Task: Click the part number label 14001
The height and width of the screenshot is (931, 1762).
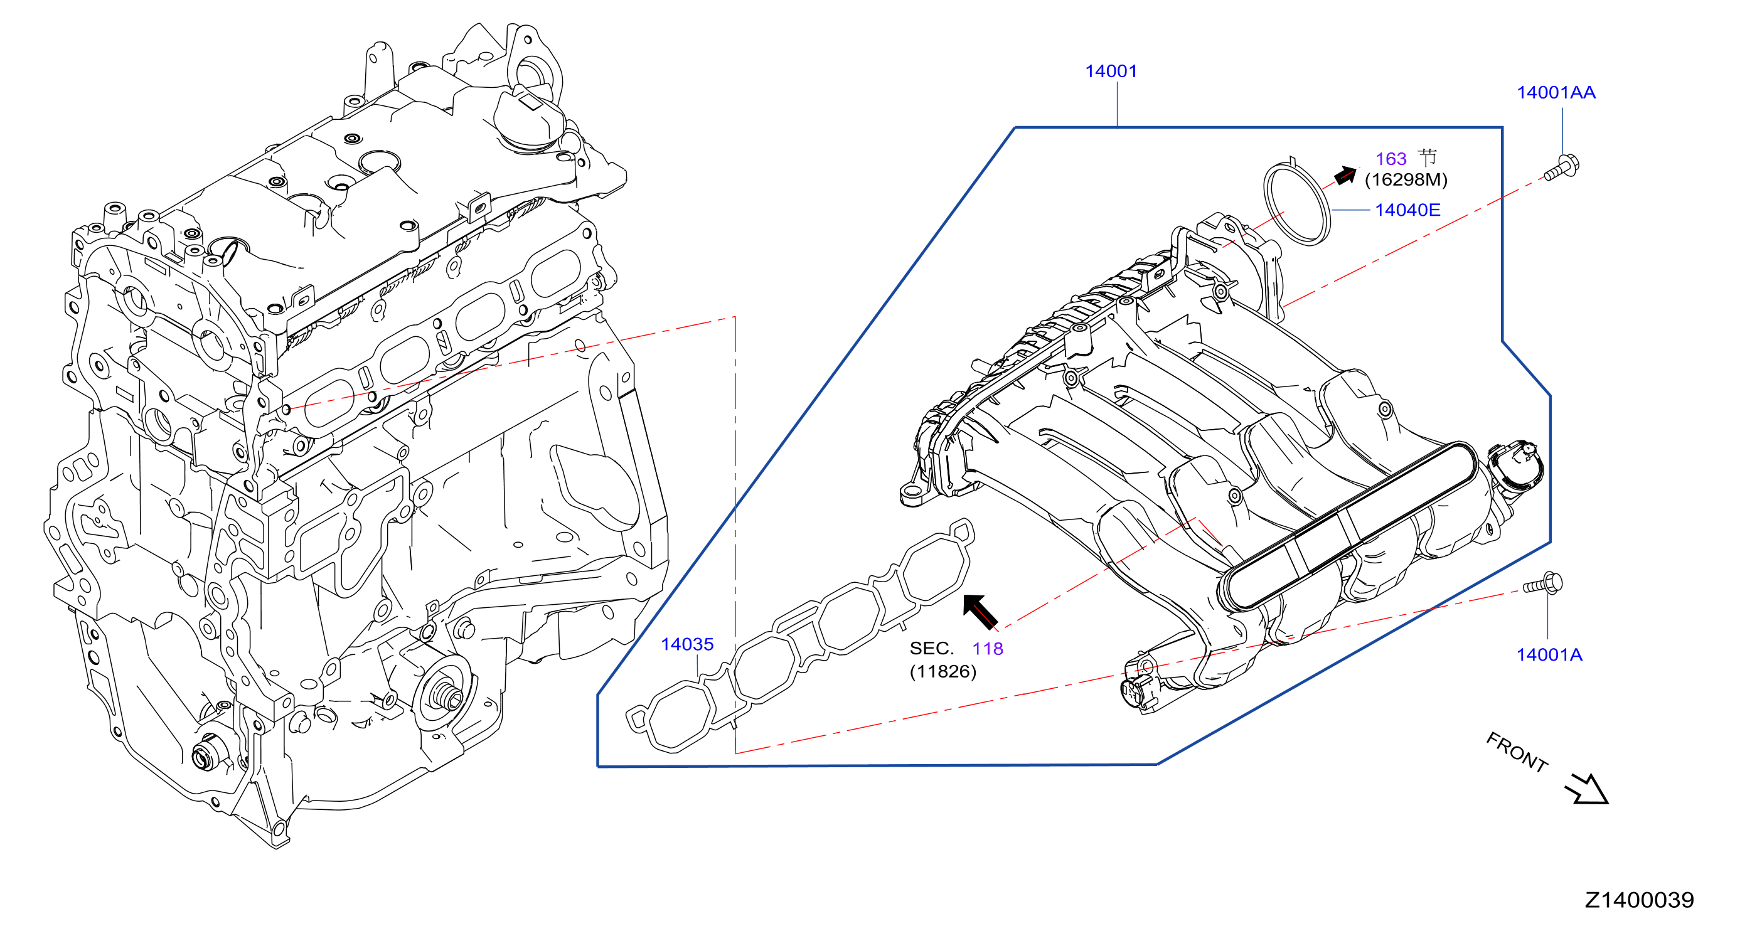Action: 1111,71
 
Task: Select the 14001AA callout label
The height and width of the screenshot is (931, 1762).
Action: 1556,92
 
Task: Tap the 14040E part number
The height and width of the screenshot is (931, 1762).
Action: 1407,210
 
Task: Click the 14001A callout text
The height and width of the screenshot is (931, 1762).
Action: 1549,654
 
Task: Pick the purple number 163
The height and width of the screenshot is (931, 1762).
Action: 1391,159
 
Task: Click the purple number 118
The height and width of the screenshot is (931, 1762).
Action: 988,649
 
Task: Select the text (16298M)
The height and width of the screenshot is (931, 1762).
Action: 1406,180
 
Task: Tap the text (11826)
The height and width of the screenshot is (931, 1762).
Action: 942,671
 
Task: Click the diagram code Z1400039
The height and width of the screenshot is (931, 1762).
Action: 1640,900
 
